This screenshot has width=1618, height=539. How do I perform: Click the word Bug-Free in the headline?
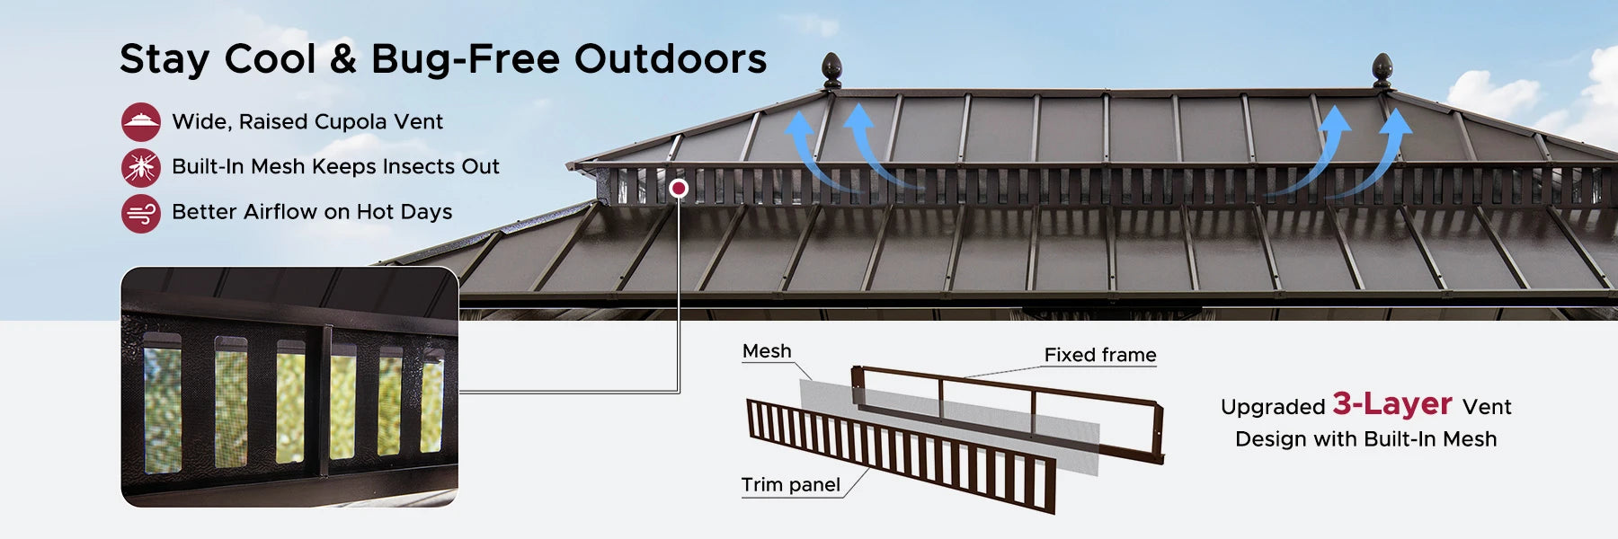point(465,59)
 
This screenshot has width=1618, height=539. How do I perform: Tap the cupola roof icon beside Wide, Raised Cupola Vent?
point(141,122)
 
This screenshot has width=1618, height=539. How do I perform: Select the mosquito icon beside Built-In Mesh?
point(141,167)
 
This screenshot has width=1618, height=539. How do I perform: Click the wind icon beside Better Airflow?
point(141,214)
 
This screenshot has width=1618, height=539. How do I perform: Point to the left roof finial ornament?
point(832,70)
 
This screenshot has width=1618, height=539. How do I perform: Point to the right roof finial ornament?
point(1382,70)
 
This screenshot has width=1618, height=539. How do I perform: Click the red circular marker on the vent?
point(680,188)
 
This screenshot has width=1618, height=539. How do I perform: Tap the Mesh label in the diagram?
point(767,351)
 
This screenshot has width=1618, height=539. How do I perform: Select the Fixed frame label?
point(1100,355)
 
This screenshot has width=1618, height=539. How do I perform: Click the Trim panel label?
point(791,485)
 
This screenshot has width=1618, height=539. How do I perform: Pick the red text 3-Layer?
point(1391,403)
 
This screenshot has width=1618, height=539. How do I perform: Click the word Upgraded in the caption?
point(1273,407)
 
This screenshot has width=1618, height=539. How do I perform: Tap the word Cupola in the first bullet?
point(347,122)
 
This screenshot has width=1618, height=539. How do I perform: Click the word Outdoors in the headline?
point(671,59)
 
